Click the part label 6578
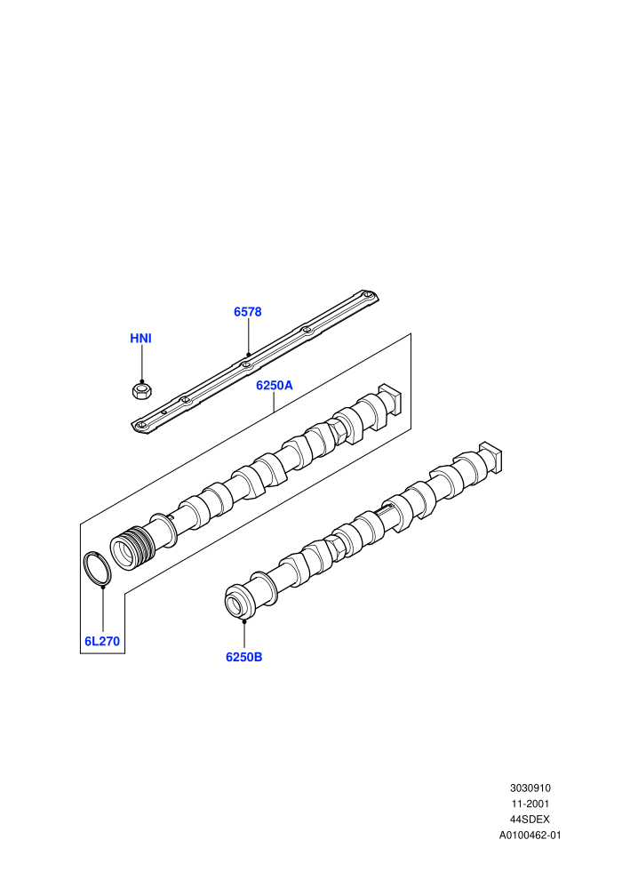pos(247,312)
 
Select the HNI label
pos(140,339)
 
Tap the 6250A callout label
pos(275,386)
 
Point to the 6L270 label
pos(102,641)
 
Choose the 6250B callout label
pos(244,657)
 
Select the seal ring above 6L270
pos(97,569)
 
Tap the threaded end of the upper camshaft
pos(133,547)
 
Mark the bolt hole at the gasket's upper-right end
pos(366,295)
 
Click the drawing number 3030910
pos(530,788)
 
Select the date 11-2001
pos(530,804)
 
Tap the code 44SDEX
pos(530,820)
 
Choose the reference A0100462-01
pos(530,835)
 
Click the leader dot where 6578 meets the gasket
pos(248,354)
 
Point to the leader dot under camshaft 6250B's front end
pos(244,621)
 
